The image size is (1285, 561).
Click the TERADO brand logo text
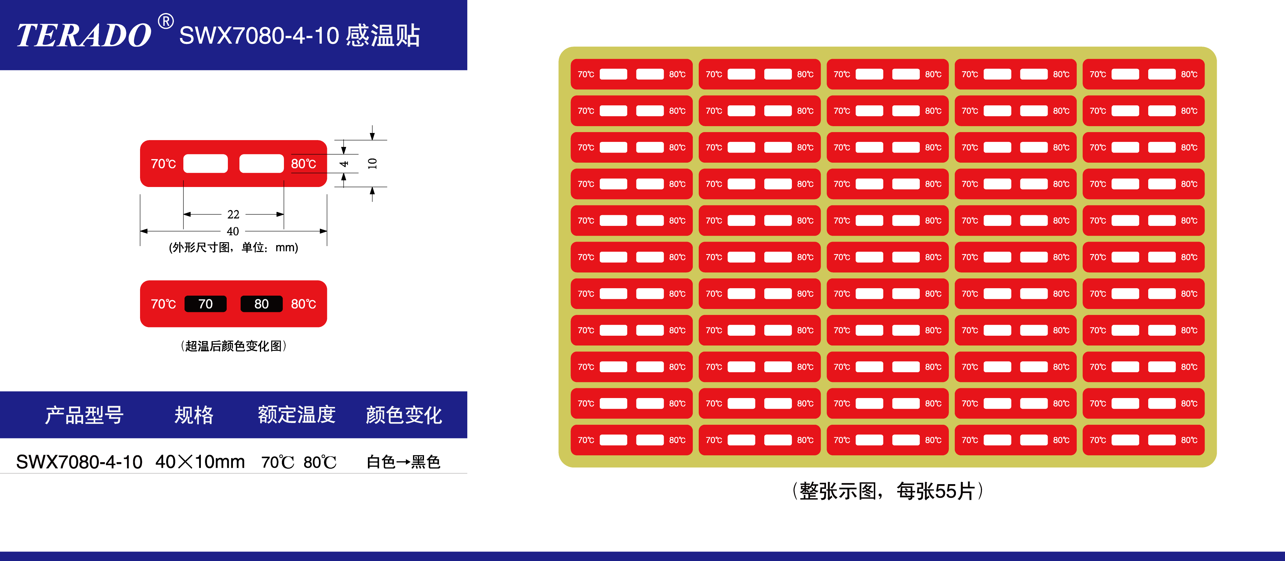tap(84, 35)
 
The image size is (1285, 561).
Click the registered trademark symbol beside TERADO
tap(166, 21)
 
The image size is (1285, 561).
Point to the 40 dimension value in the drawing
tap(233, 231)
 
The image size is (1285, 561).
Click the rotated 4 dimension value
tap(344, 164)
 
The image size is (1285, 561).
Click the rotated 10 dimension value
tap(372, 163)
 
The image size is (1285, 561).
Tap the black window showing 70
tap(206, 304)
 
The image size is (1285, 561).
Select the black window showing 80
tap(261, 304)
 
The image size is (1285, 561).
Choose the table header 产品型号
tap(84, 415)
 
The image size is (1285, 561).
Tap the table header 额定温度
tap(297, 415)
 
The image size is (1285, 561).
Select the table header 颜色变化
tap(404, 415)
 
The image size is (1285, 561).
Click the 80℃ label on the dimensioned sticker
tap(303, 164)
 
